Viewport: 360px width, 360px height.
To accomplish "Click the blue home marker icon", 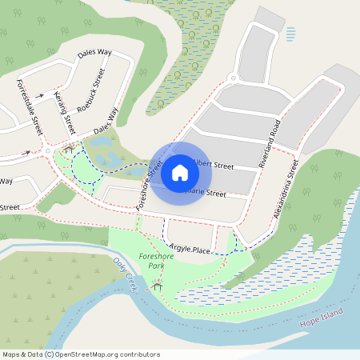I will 180,173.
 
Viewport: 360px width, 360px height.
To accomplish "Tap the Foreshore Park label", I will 154,259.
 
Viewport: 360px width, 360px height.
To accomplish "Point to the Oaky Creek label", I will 127,275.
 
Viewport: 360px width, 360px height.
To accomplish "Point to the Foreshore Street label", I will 150,185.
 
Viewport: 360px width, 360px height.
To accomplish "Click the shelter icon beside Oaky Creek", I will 158,285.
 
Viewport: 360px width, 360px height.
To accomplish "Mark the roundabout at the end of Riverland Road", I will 233,78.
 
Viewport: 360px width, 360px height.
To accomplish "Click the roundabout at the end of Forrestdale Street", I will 49,150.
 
